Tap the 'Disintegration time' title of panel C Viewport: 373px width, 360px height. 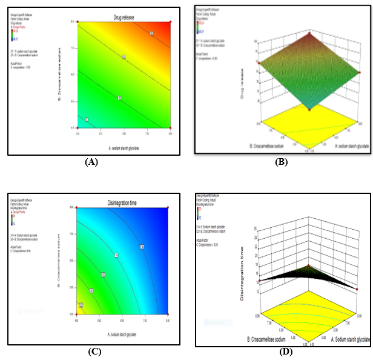point(123,202)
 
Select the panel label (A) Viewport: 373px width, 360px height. point(92,162)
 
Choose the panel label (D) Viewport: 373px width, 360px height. point(285,352)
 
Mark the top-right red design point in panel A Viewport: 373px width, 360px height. point(170,21)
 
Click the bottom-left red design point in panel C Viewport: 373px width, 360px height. point(77,314)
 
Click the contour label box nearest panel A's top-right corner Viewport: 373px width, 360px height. point(151,33)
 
